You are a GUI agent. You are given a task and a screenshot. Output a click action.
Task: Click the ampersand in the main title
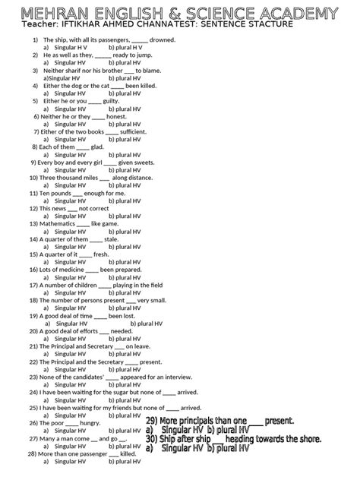[187, 14]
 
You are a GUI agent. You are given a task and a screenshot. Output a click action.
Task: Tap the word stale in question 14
[112, 239]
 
